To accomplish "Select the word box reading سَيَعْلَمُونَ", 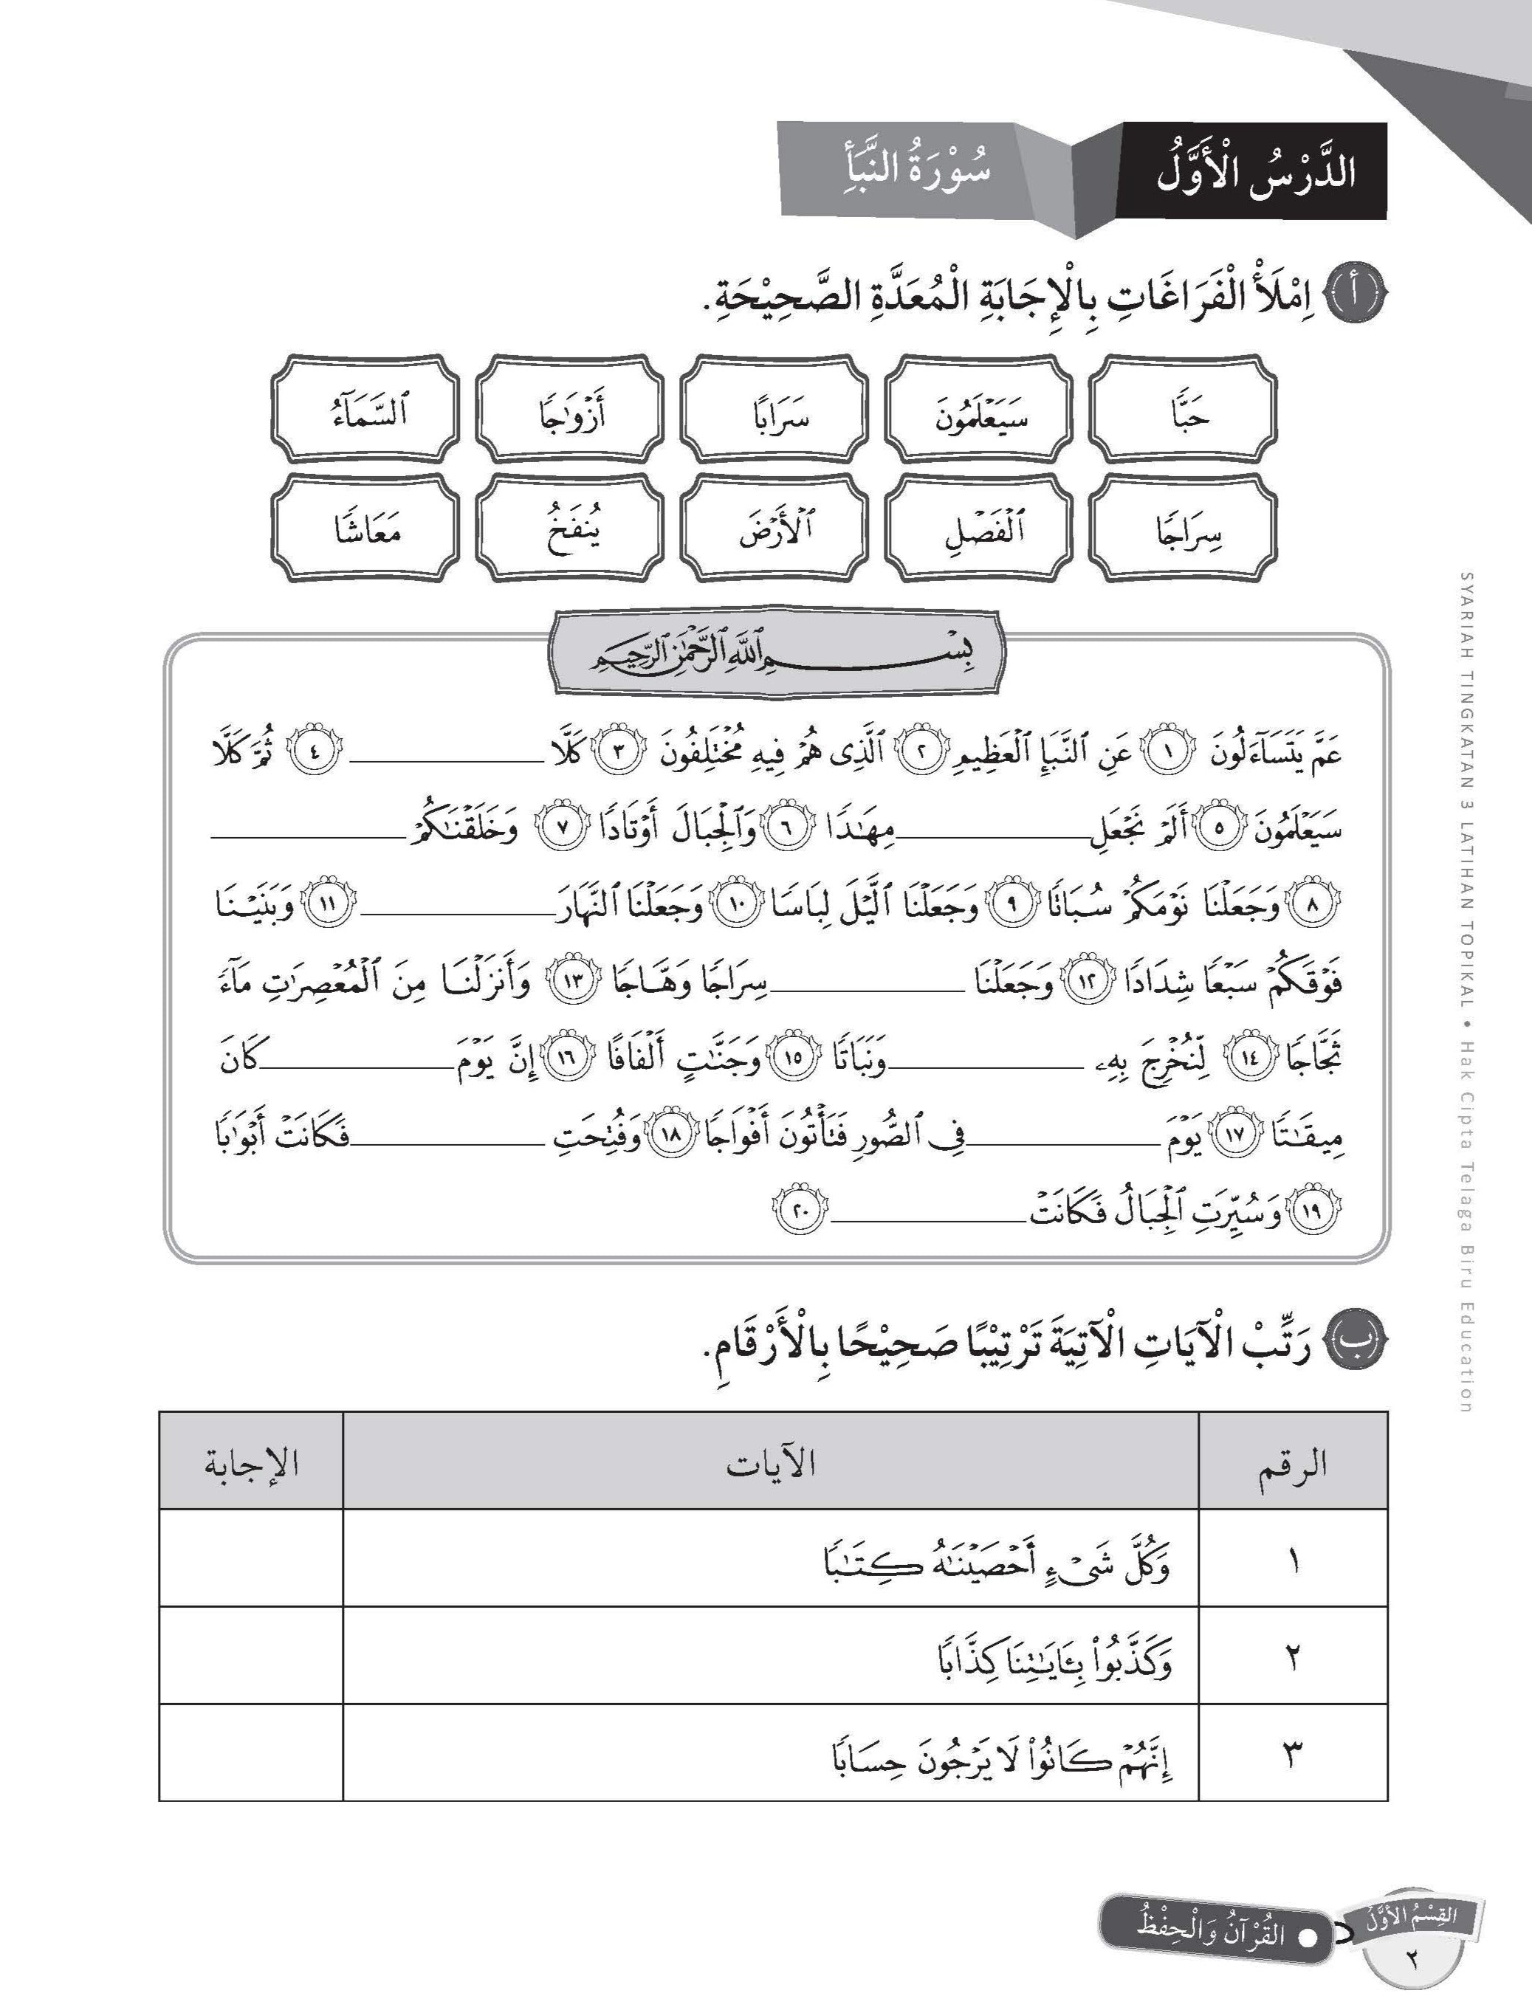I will [980, 410].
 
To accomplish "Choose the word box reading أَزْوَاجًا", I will [570, 410].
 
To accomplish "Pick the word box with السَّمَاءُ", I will [365, 410].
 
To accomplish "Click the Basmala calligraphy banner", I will [774, 655].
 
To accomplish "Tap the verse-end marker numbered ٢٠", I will [802, 1214].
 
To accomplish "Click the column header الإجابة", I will [251, 1465].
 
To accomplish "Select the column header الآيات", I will [771, 1465].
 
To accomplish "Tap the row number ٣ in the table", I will [1292, 1757].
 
